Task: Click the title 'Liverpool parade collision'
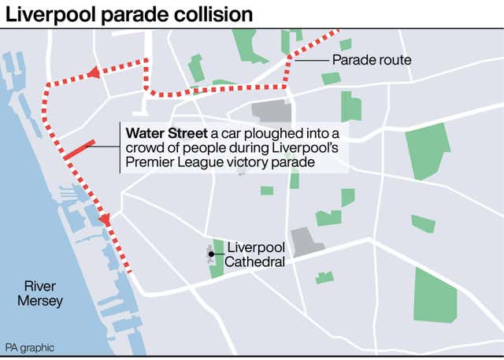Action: [x=129, y=14]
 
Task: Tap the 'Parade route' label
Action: [x=371, y=60]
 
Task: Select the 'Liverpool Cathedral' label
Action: [x=255, y=254]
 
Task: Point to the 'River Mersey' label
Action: [x=42, y=293]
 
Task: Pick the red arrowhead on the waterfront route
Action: [x=105, y=220]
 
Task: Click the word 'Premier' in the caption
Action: [x=146, y=162]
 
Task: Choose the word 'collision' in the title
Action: [x=216, y=14]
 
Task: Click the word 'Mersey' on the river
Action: [x=43, y=301]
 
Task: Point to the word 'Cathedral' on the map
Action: [x=255, y=262]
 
